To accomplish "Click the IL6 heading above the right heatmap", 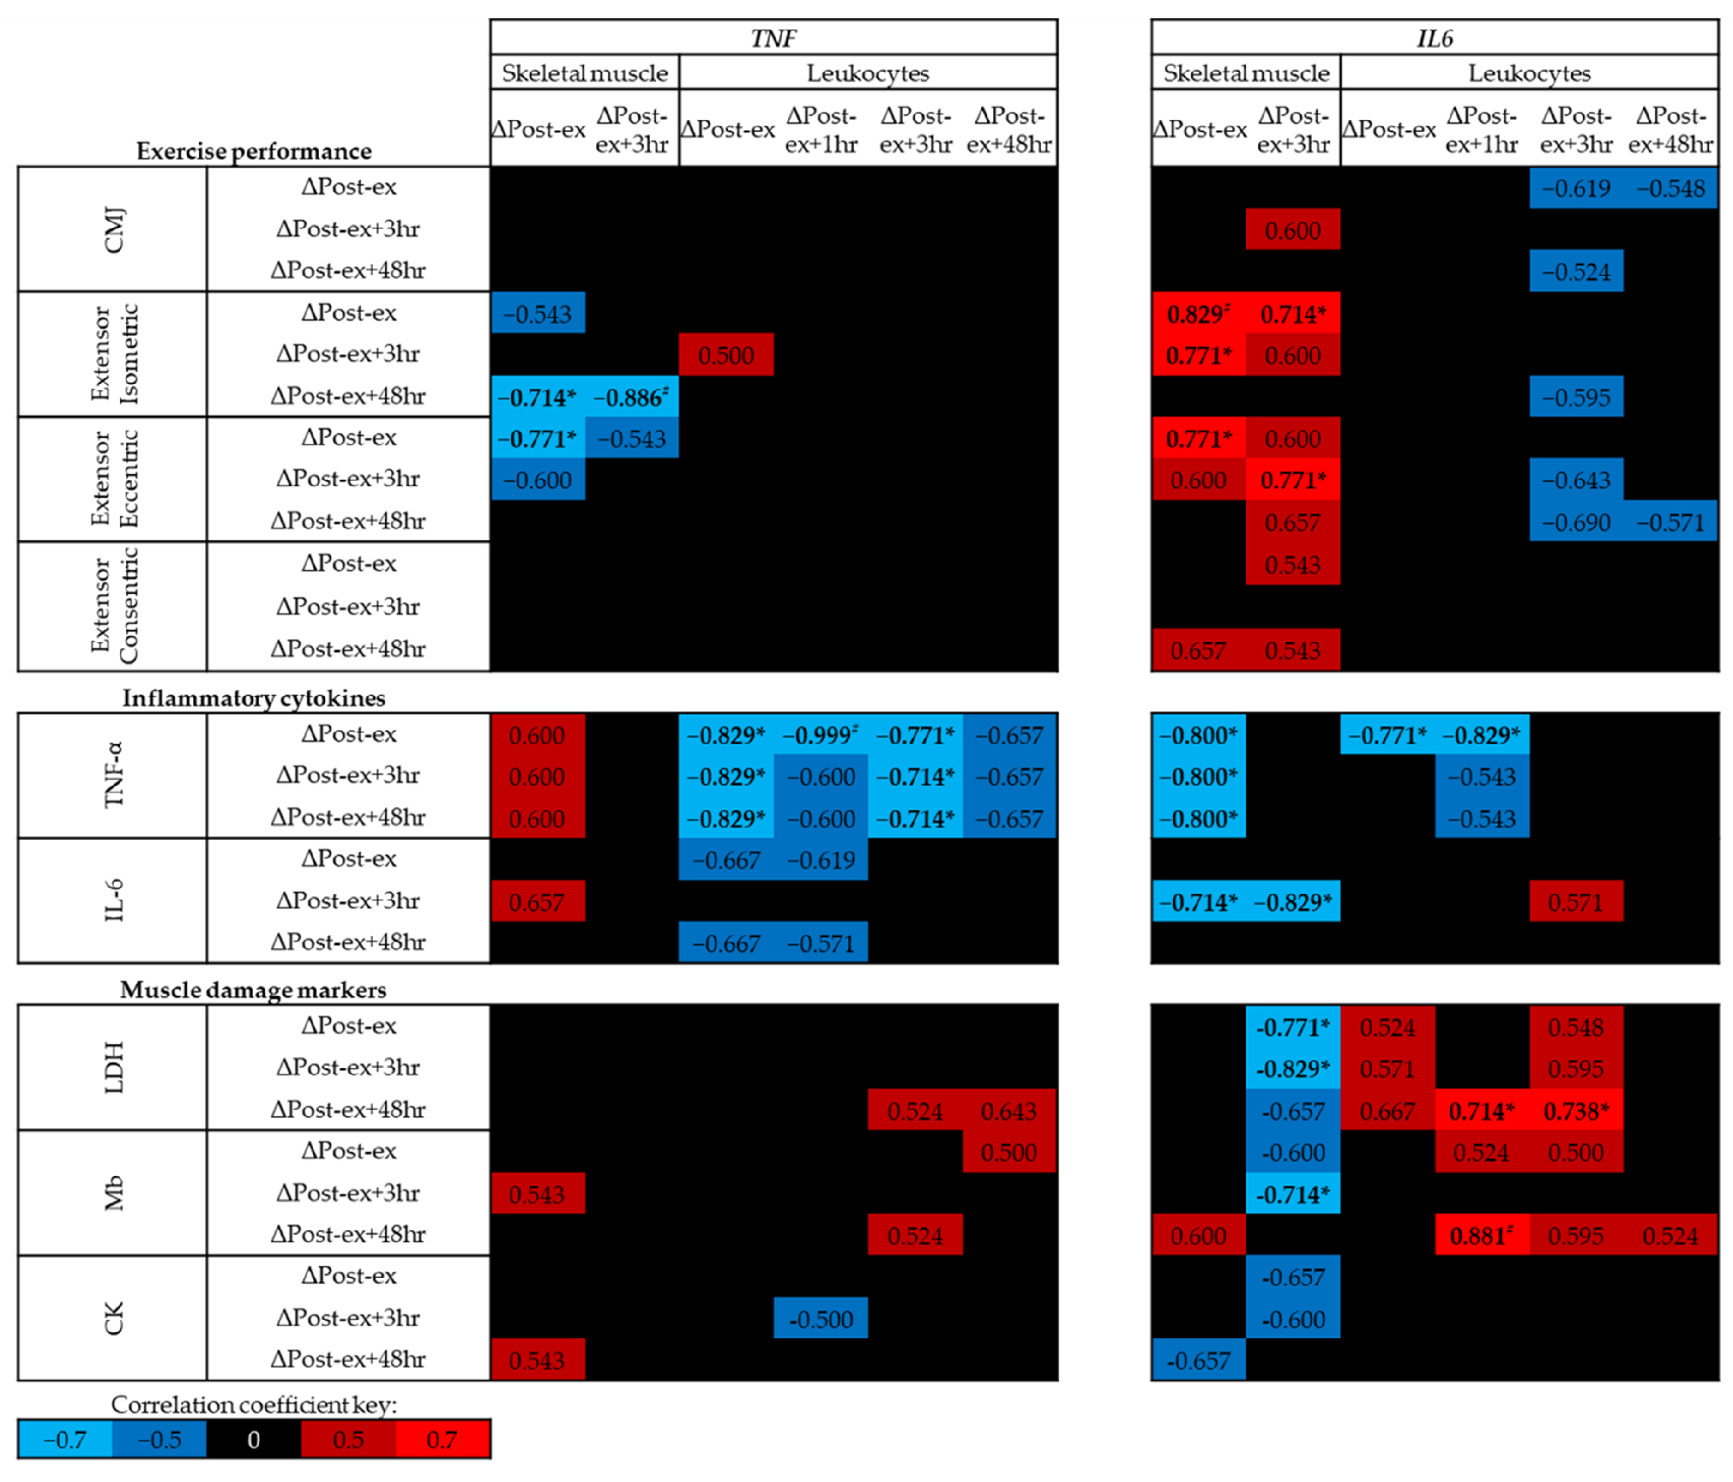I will click(x=1434, y=38).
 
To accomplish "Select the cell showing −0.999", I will click(x=820, y=735).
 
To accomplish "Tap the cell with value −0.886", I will click(x=632, y=397).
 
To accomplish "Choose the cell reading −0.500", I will click(x=820, y=1319).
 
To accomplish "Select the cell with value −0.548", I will click(x=1670, y=188).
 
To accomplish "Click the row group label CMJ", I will click(x=114, y=229).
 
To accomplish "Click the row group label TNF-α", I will click(x=114, y=775).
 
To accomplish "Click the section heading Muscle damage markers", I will click(x=253, y=990).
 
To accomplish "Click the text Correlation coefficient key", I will click(x=253, y=1404).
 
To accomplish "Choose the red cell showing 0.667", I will click(x=1388, y=1110).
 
